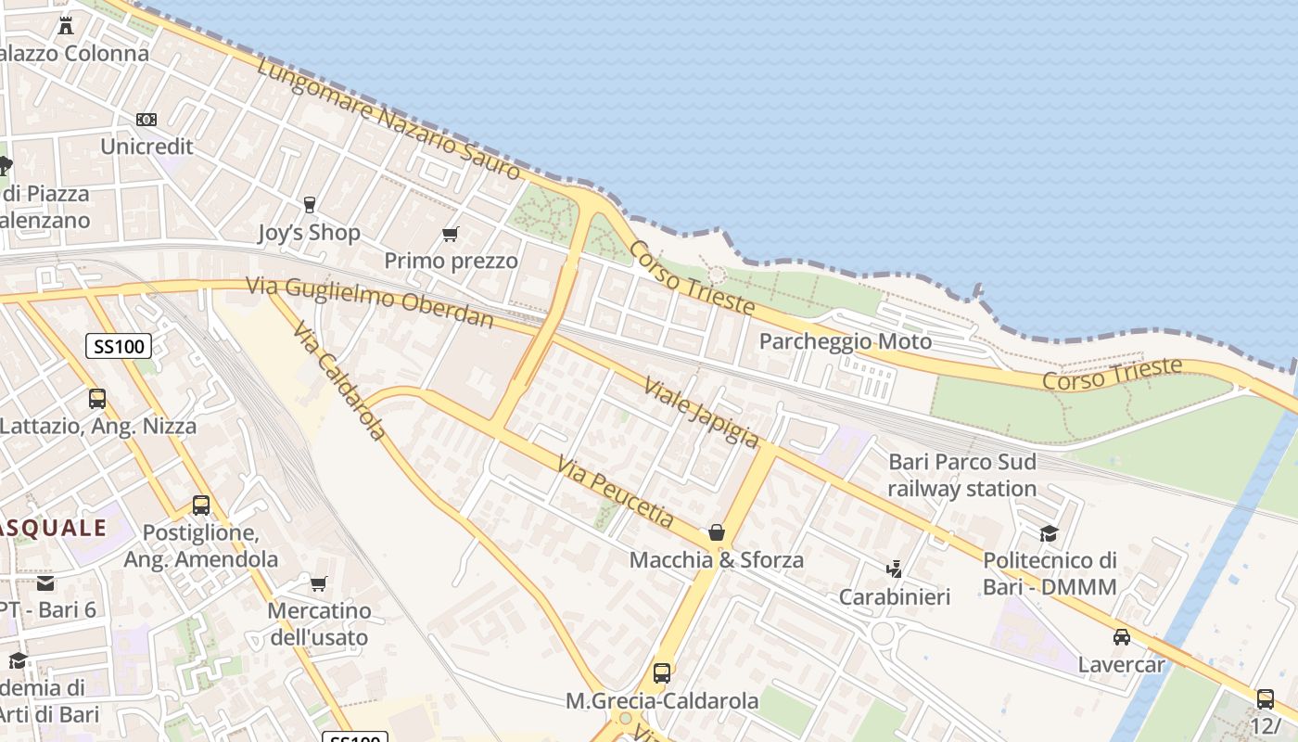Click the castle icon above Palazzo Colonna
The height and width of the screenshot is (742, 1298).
click(66, 26)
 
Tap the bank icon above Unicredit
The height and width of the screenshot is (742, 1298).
click(146, 120)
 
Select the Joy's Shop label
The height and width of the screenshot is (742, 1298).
click(309, 232)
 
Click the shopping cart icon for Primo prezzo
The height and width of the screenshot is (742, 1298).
click(451, 235)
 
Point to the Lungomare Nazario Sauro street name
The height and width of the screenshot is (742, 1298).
click(388, 118)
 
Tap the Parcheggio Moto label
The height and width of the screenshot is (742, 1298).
click(845, 341)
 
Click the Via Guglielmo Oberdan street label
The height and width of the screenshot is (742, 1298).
click(370, 302)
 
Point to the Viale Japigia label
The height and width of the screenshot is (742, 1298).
click(701, 411)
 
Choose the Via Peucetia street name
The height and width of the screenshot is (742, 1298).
click(616, 492)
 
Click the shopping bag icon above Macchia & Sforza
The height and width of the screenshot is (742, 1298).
click(717, 532)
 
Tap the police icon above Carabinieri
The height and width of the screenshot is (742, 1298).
click(895, 569)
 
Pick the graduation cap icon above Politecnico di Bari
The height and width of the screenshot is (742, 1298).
click(1050, 533)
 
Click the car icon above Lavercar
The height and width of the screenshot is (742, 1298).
click(1122, 637)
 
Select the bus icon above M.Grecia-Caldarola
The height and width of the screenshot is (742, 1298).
click(662, 673)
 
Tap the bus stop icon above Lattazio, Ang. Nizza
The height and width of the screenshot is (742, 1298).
click(97, 399)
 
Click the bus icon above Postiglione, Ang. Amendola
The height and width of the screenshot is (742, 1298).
click(201, 505)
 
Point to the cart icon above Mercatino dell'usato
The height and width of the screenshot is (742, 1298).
click(319, 583)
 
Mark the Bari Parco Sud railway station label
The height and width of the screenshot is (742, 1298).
click(961, 475)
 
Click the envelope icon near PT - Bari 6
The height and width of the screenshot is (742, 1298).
click(45, 583)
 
